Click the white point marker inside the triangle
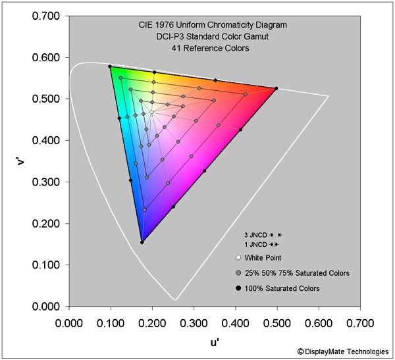tap(151, 112)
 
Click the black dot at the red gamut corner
tap(276, 88)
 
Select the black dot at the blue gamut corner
tap(142, 242)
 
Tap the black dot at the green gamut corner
tap(110, 66)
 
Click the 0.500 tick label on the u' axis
tap(277, 323)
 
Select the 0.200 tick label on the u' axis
tap(152, 323)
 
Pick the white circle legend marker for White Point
tap(238, 257)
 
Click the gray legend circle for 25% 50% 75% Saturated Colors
tap(238, 272)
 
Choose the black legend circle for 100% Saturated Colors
tap(238, 288)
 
